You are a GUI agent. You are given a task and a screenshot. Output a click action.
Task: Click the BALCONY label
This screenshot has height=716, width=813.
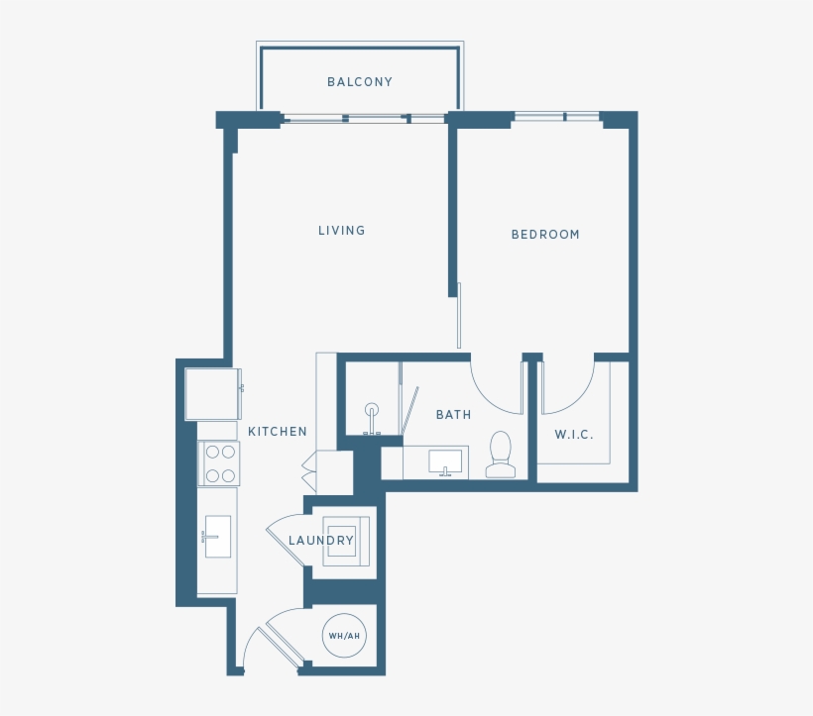tap(360, 82)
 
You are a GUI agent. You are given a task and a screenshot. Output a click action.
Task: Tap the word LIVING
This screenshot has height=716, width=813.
tap(341, 231)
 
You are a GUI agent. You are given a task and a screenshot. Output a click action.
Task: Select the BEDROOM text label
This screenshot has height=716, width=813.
tap(544, 235)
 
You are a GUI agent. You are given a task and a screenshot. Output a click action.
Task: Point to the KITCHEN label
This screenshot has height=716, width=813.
tap(277, 432)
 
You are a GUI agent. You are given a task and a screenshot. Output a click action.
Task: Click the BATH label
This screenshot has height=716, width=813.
tap(453, 415)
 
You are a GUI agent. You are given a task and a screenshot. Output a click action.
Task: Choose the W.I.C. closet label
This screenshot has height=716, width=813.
tap(574, 435)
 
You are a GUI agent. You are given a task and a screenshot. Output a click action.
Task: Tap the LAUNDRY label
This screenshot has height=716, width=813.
tap(320, 541)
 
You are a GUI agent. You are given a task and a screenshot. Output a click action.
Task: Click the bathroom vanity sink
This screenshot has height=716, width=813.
tap(444, 462)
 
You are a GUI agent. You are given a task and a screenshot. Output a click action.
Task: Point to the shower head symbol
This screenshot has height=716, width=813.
tap(372, 410)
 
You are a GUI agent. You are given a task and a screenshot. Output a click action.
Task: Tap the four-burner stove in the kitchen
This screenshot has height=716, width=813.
tap(220, 463)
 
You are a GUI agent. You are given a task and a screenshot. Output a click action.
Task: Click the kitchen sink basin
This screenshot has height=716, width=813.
tap(217, 536)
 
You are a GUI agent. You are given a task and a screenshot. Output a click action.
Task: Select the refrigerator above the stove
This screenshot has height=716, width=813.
tap(211, 393)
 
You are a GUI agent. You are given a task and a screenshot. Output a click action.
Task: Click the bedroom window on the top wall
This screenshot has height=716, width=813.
tap(556, 117)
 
